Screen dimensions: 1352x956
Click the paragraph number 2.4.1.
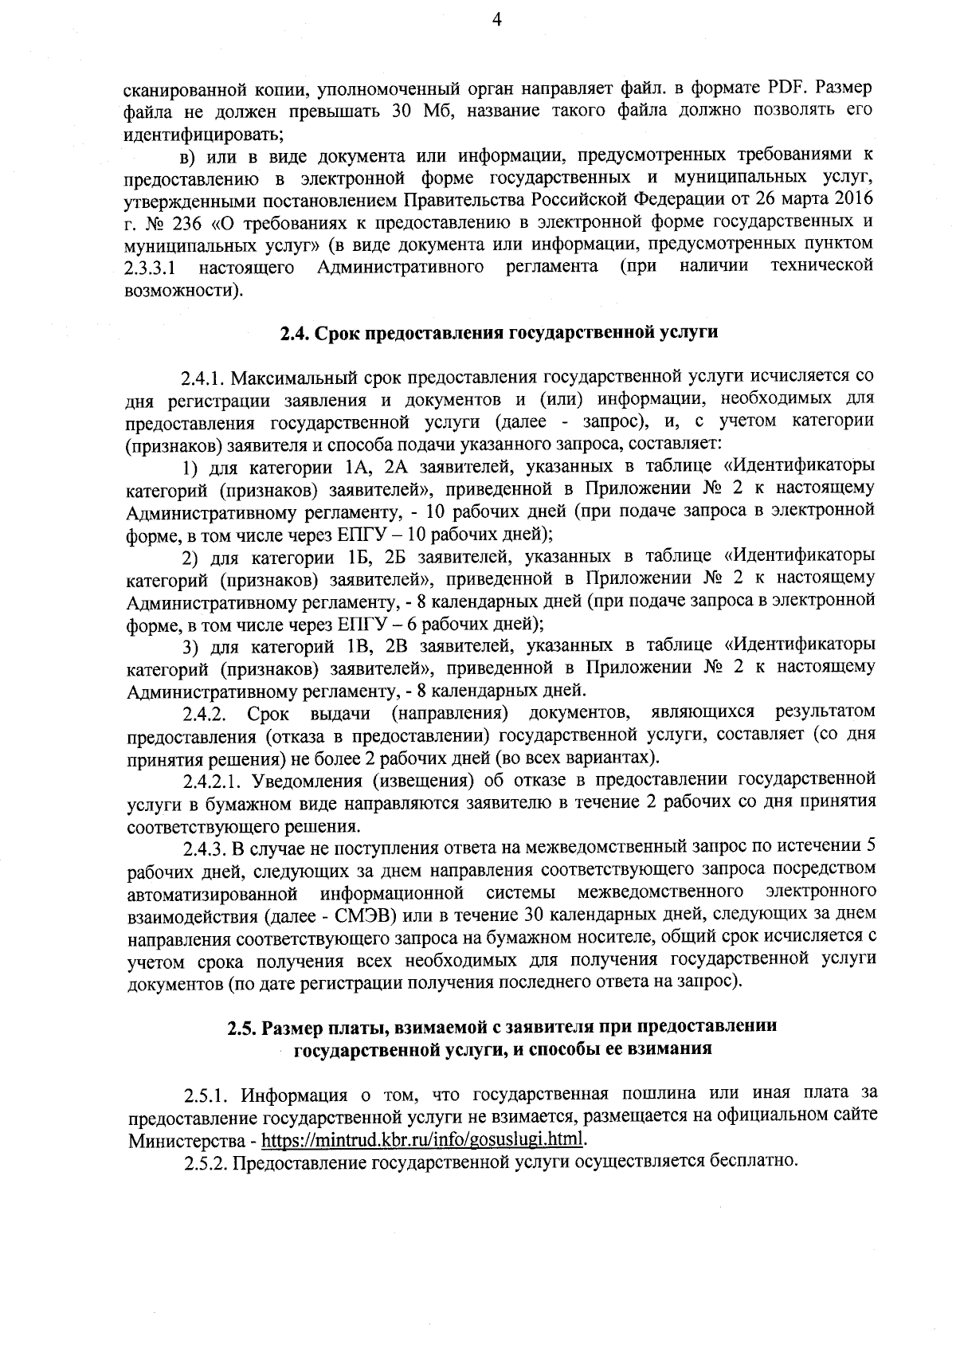point(209,376)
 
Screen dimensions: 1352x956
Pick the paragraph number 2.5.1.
point(209,1094)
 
